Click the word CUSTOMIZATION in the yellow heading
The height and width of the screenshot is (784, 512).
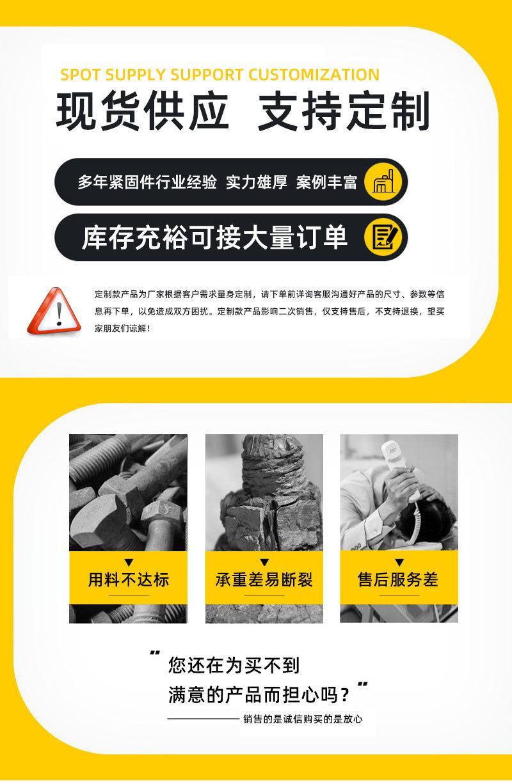[314, 75]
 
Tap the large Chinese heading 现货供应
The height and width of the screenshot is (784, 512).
[142, 113]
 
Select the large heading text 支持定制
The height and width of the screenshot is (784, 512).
[344, 113]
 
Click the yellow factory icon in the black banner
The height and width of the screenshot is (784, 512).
[383, 182]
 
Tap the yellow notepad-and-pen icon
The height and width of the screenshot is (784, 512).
[383, 237]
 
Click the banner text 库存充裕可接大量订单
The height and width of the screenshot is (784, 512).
[215, 237]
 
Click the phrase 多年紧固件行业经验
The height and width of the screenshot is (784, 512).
[147, 182]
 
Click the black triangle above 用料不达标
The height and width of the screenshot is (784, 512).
[128, 563]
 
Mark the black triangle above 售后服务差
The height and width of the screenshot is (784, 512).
[399, 563]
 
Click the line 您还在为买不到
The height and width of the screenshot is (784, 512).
[234, 666]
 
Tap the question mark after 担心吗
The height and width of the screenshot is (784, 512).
[346, 694]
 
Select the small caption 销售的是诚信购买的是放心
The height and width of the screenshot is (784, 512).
[303, 719]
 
